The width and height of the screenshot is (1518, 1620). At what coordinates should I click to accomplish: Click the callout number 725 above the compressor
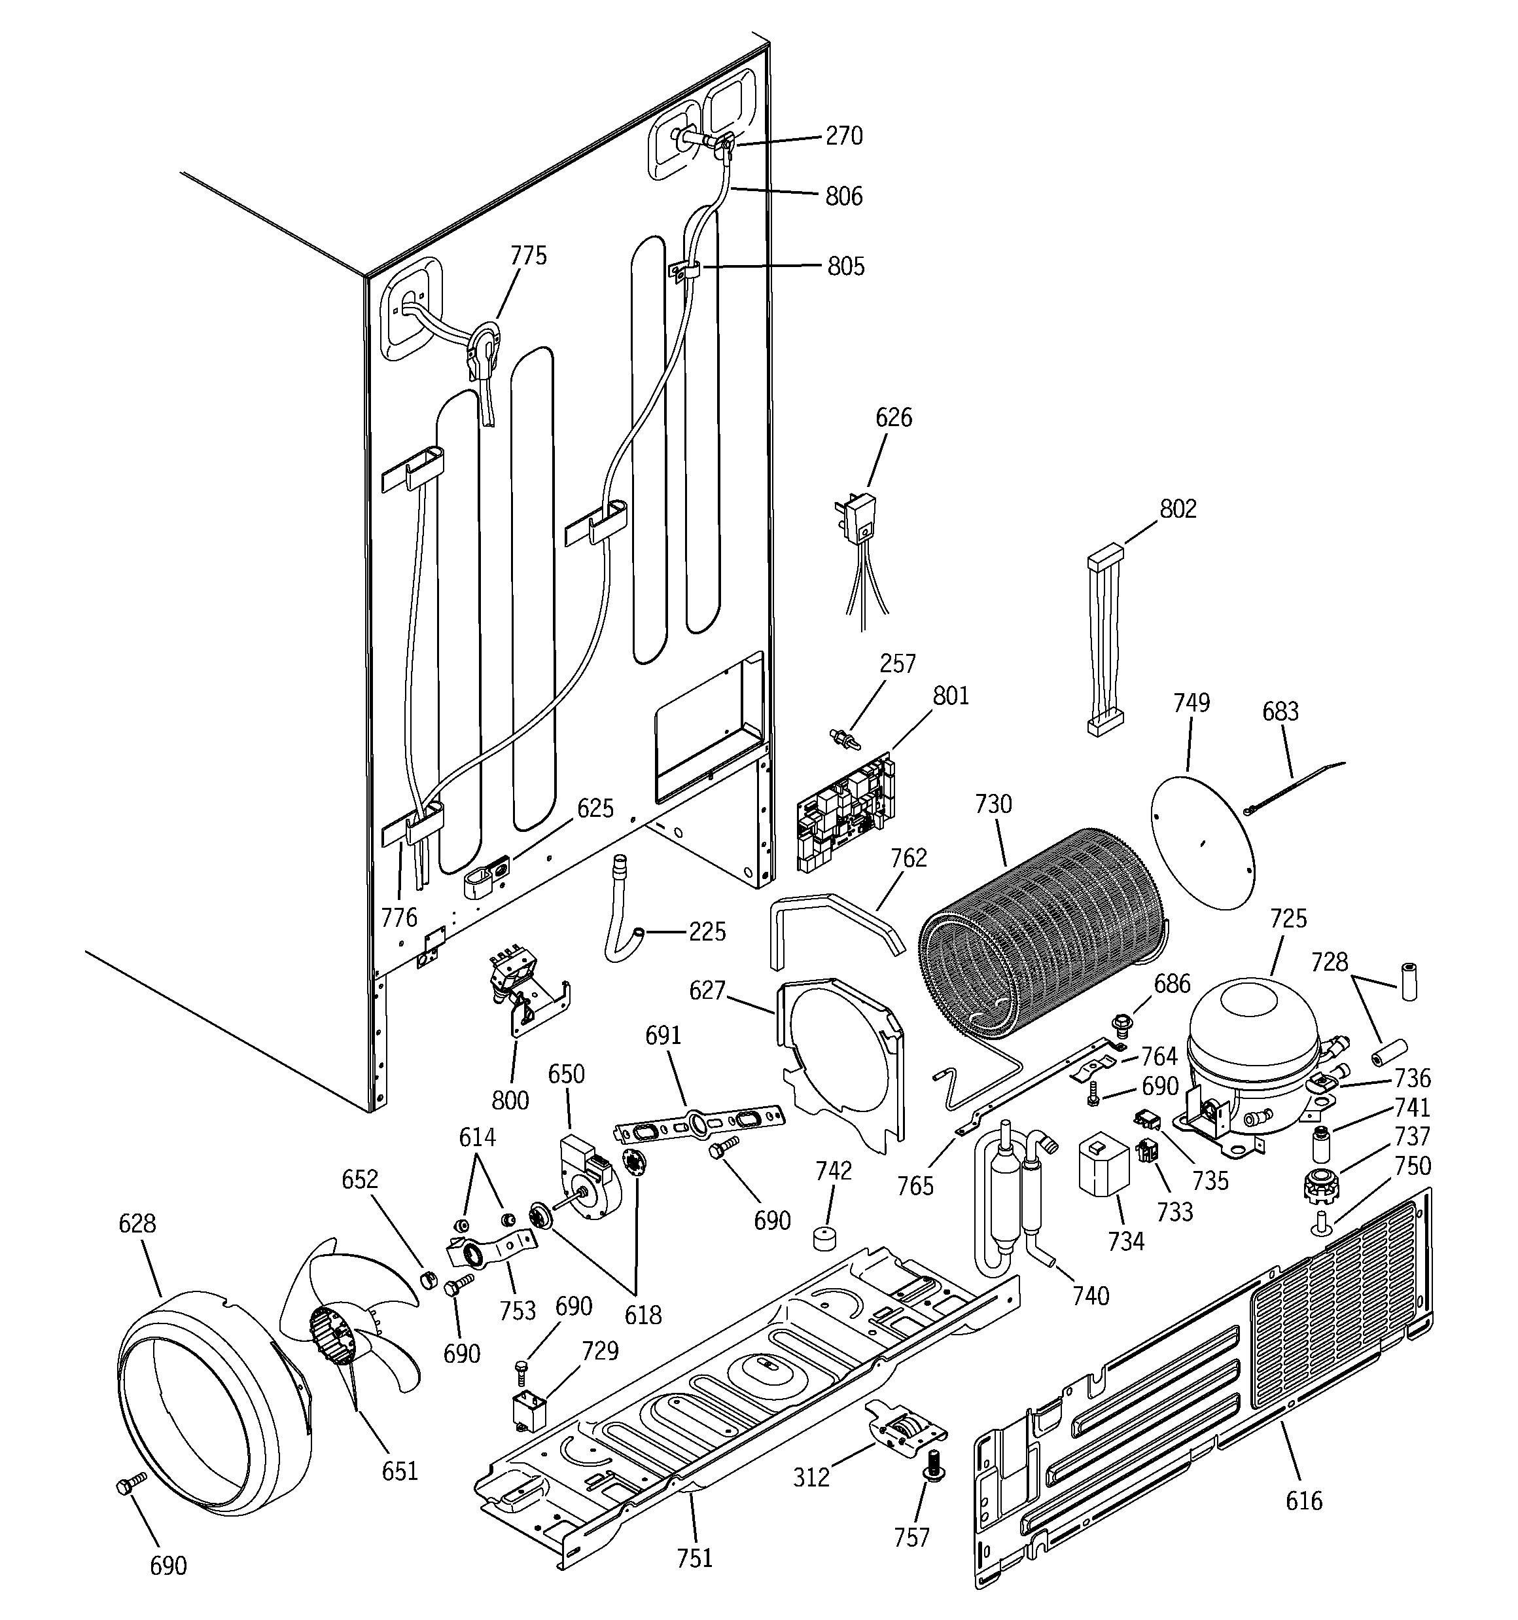pos(1288,918)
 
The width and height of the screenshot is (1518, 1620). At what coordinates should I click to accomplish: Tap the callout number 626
pos(893,418)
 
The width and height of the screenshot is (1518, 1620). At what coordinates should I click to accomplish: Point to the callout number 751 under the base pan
pos(694,1557)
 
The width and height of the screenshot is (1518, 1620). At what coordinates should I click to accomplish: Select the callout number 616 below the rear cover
pos(1303,1500)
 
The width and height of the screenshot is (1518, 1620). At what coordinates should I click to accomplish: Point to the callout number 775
pos(528,256)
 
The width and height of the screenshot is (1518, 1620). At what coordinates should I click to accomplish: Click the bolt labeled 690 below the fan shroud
pos(131,1488)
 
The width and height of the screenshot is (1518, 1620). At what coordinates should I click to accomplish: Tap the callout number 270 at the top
pos(843,135)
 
